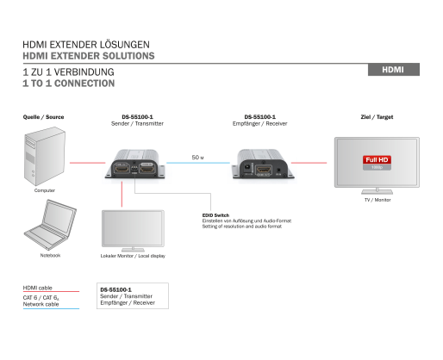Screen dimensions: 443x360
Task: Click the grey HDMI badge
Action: [x=394, y=70]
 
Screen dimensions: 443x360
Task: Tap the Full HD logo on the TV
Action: [x=377, y=163]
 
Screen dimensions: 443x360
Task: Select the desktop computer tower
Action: [x=45, y=157]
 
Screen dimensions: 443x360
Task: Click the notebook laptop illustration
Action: [x=50, y=225]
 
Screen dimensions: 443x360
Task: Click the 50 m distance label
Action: [x=197, y=158]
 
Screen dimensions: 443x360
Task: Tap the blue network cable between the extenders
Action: [x=198, y=163]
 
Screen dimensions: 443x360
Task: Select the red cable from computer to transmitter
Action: [x=88, y=163]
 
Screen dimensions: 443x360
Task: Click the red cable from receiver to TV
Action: [x=309, y=163]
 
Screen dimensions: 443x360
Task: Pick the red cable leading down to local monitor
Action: [x=122, y=194]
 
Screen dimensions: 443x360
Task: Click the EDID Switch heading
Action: [x=215, y=215]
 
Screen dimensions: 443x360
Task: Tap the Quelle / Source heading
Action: [x=43, y=117]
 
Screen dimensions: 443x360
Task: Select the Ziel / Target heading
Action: [x=377, y=117]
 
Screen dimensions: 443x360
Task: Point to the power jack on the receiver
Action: [x=246, y=167]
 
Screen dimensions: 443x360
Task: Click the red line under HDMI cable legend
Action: [x=51, y=291]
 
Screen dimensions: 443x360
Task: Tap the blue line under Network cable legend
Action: [x=51, y=308]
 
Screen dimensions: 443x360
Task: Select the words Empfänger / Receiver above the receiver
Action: [x=260, y=123]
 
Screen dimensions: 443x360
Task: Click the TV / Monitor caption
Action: [x=377, y=200]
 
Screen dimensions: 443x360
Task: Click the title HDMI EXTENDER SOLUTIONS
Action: [x=89, y=56]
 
